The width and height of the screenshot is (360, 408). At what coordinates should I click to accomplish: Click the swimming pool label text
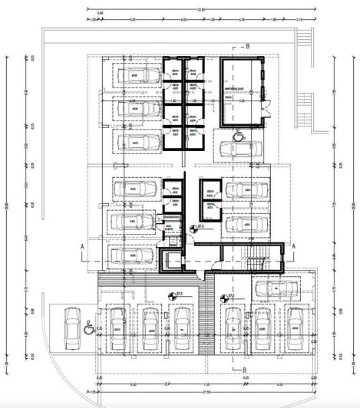(x=233, y=90)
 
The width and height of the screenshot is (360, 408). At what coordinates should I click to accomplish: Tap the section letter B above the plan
(x=248, y=46)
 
